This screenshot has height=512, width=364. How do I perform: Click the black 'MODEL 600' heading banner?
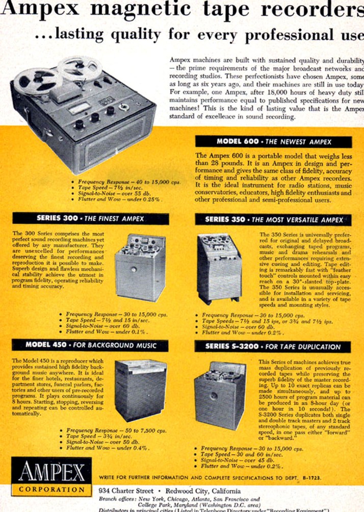click(x=273, y=142)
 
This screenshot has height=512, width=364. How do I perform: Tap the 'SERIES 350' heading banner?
click(x=273, y=220)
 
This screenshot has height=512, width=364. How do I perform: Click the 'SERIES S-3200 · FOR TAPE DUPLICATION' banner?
click(x=273, y=346)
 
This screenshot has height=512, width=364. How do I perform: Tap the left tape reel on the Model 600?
click(x=31, y=82)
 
